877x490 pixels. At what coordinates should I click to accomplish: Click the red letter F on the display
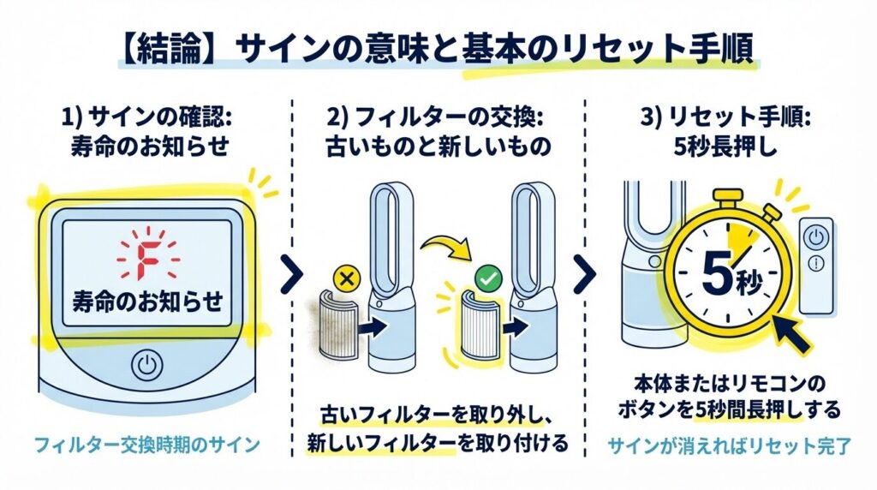(147, 253)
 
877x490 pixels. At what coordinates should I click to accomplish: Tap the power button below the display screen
(146, 367)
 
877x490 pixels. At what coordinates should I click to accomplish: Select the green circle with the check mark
(486, 278)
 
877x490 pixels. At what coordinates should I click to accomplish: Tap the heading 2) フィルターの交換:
(438, 117)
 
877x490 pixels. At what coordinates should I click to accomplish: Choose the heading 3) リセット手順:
(719, 117)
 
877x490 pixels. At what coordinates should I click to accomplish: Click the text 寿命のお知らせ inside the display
(147, 301)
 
